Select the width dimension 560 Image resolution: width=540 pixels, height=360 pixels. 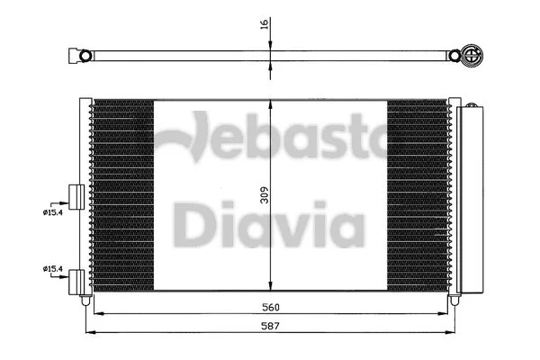[x=270, y=304]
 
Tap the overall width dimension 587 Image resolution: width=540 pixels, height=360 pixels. [x=270, y=326]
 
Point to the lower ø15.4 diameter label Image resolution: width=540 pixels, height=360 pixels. [x=53, y=268]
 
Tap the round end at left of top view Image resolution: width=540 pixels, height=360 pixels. [x=86, y=57]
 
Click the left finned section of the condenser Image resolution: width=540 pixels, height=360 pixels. [x=121, y=193]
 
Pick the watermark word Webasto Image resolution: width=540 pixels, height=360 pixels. [x=270, y=139]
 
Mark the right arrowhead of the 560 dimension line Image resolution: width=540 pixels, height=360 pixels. [x=455, y=313]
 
